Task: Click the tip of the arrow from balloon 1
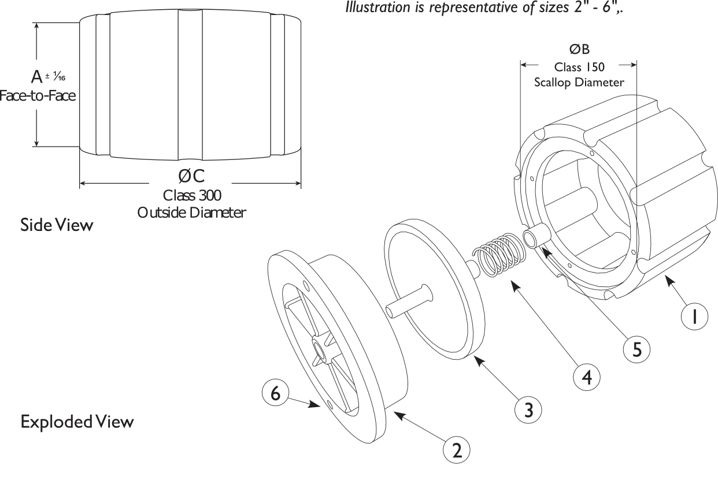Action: pyautogui.click(x=665, y=276)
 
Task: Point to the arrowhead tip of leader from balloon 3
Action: pyautogui.click(x=474, y=356)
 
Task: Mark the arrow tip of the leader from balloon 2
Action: pyautogui.click(x=394, y=412)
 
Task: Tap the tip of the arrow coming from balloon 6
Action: pyautogui.click(x=320, y=407)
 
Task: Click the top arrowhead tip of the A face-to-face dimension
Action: pyautogui.click(x=36, y=23)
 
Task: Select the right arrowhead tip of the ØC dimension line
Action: pyautogui.click(x=301, y=183)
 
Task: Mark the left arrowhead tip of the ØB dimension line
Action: pyautogui.click(x=520, y=65)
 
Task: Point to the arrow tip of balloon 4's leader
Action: pyautogui.click(x=511, y=282)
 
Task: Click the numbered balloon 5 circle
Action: pyautogui.click(x=636, y=349)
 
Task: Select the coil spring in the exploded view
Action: pyautogui.click(x=498, y=254)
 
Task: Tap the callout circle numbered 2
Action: pyautogui.click(x=457, y=450)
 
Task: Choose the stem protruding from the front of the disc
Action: pyautogui.click(x=409, y=301)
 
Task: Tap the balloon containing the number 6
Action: pyautogui.click(x=275, y=393)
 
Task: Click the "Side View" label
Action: pyautogui.click(x=57, y=225)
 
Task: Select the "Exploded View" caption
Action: pyautogui.click(x=77, y=422)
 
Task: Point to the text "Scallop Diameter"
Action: pyautogui.click(x=579, y=83)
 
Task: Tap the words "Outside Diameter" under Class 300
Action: pyautogui.click(x=192, y=212)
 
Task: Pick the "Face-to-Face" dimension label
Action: pyautogui.click(x=38, y=96)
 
